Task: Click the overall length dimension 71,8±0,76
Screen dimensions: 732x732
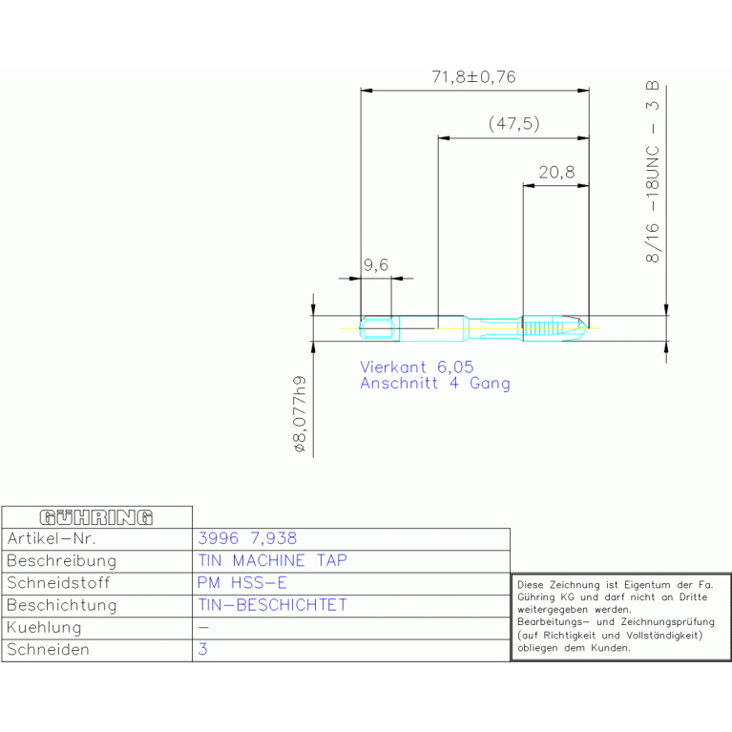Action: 473,77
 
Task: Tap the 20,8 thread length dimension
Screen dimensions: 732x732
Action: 556,172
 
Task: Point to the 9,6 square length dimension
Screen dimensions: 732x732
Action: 376,265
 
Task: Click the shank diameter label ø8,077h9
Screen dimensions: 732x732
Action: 300,414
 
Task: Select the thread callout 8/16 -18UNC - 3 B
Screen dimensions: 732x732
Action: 652,172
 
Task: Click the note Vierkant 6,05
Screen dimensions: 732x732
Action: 417,366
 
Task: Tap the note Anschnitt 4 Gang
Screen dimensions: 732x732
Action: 435,384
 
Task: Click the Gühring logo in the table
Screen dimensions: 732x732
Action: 96,517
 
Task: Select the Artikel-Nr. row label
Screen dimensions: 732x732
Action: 52,538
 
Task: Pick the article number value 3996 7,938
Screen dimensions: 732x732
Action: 247,538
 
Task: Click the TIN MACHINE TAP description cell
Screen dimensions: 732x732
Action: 273,560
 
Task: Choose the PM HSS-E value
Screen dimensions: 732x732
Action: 241,582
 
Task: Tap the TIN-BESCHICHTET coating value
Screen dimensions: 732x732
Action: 273,605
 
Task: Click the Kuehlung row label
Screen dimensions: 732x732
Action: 44,627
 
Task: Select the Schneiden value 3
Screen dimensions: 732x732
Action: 202,649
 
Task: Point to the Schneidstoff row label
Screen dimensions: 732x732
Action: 58,583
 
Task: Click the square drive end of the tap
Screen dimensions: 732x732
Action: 377,328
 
